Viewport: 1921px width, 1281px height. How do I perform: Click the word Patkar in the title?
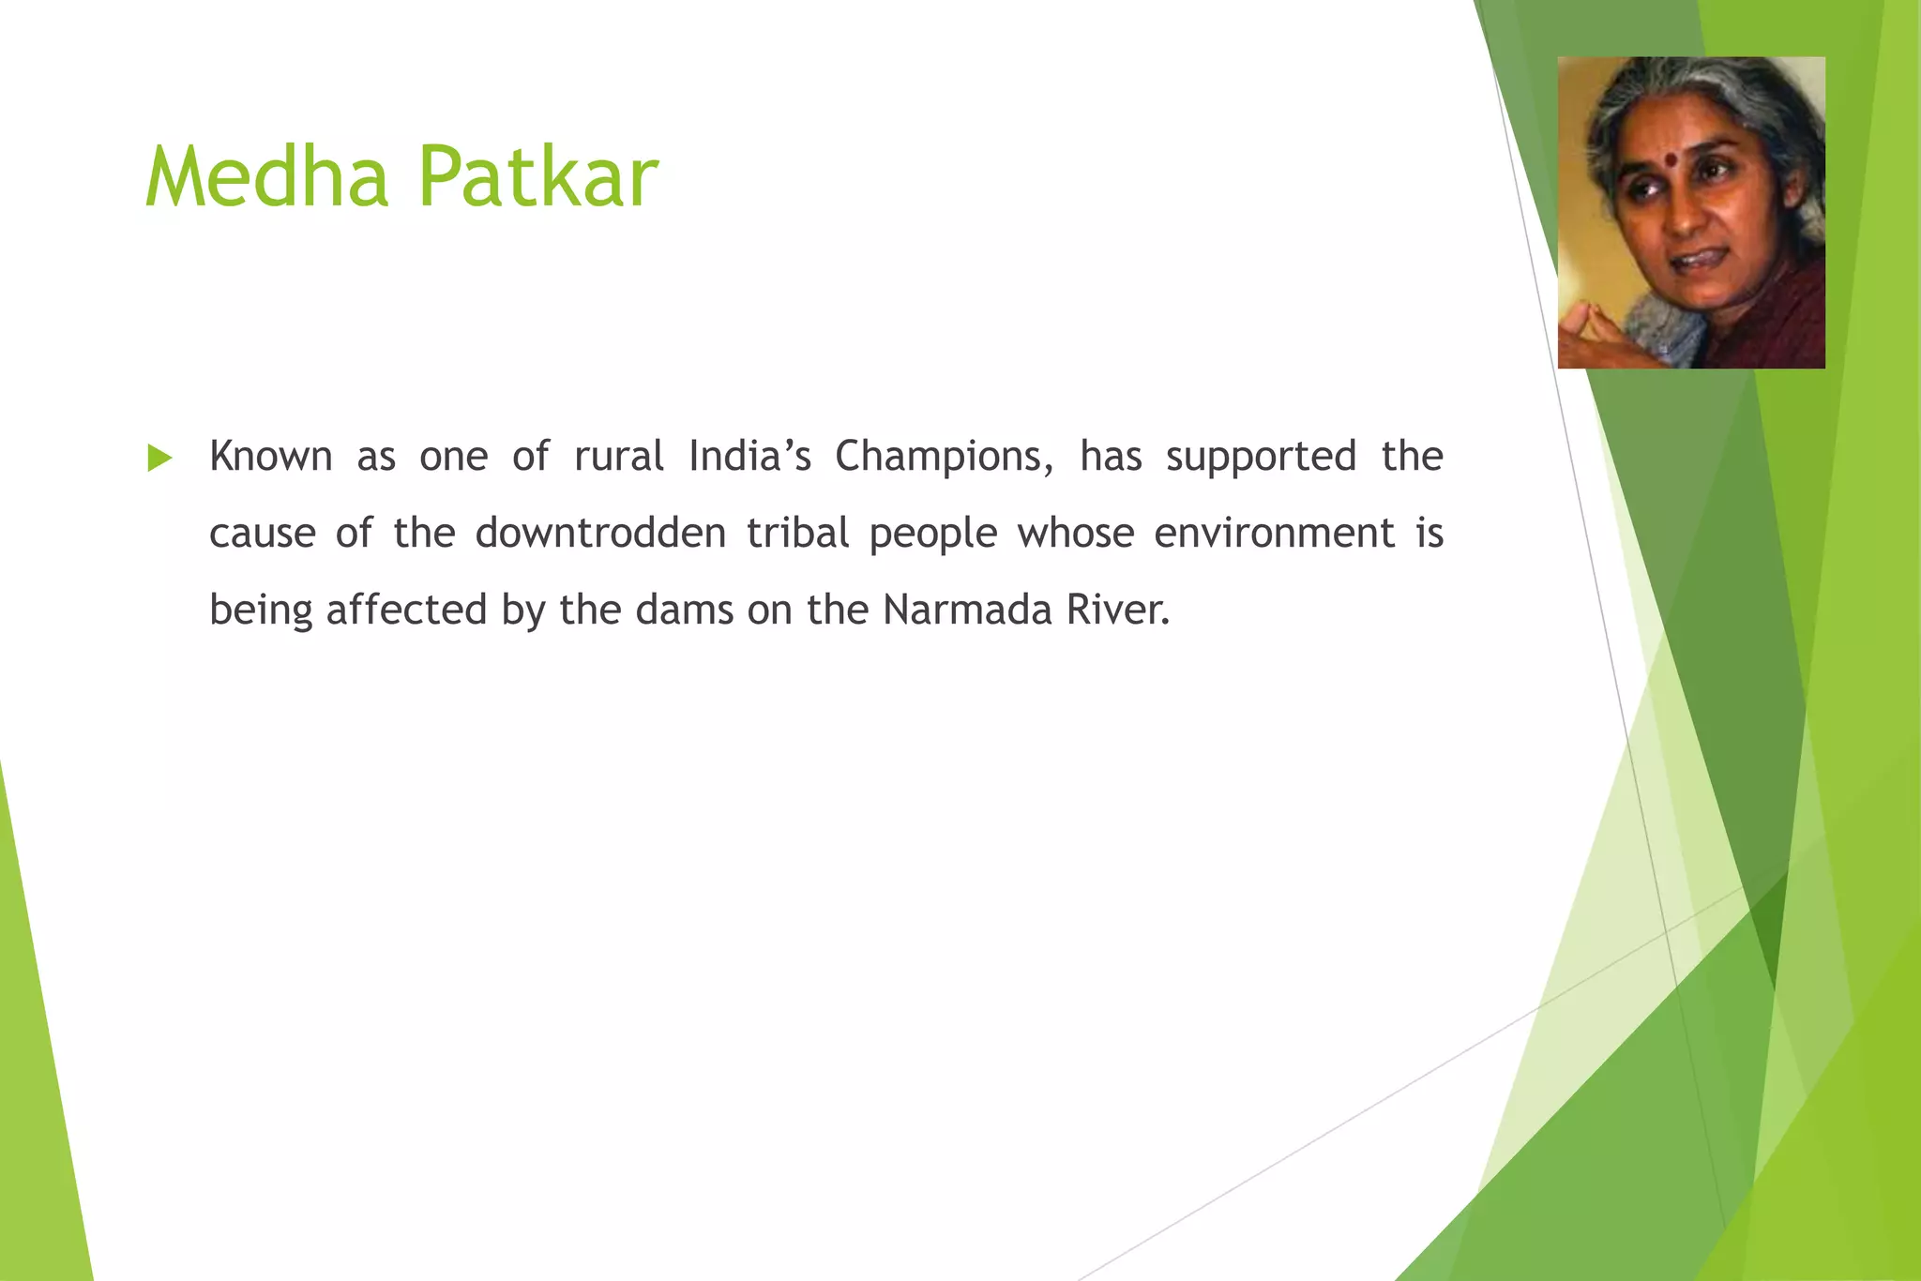pyautogui.click(x=537, y=176)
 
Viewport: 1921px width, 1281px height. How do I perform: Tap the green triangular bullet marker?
pyautogui.click(x=160, y=459)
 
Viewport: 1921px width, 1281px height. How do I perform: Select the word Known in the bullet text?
pyautogui.click(x=270, y=457)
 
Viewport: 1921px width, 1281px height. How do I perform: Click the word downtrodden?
pyautogui.click(x=600, y=534)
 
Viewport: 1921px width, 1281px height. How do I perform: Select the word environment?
pyautogui.click(x=1274, y=534)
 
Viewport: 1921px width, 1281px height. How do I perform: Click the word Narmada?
pyautogui.click(x=967, y=610)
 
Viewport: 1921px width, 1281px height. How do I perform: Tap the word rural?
pyautogui.click(x=619, y=457)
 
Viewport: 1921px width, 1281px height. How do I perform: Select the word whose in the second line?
pyautogui.click(x=1076, y=534)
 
